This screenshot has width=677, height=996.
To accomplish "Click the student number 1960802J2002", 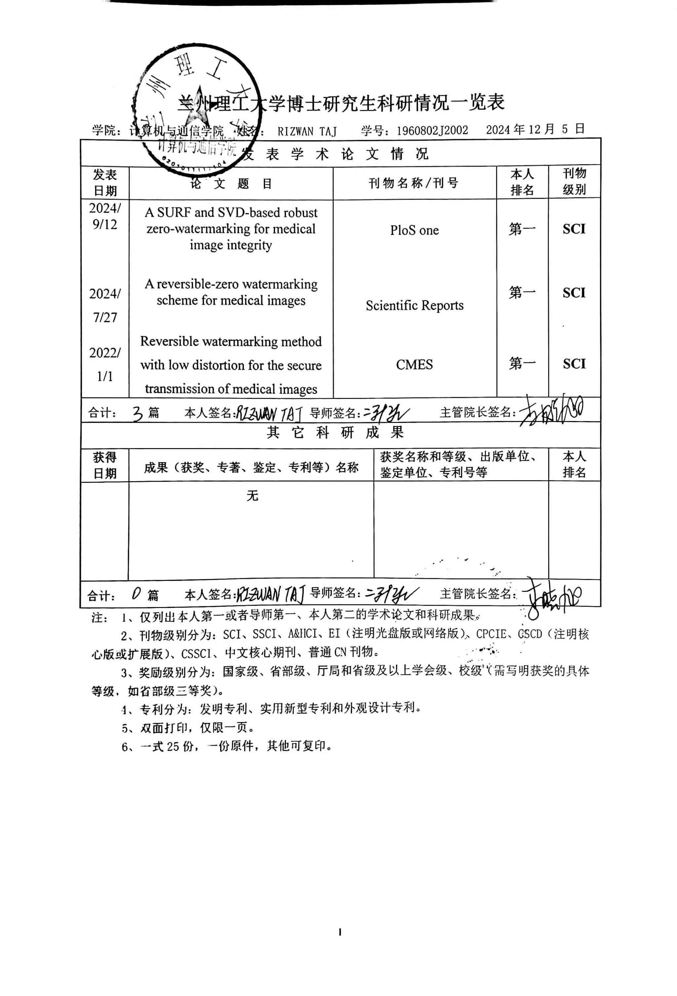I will (x=432, y=130).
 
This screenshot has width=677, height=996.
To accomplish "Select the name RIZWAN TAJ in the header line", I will (x=307, y=131).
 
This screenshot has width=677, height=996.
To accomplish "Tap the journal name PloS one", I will (x=414, y=230).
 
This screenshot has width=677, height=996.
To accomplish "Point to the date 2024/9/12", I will (x=104, y=216).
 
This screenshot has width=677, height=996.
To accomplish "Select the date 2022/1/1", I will (x=104, y=364).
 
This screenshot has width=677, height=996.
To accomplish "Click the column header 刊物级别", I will (x=574, y=181).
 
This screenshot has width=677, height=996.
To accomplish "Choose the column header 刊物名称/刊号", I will (x=414, y=183).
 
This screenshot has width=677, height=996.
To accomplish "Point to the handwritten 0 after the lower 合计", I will (x=136, y=594).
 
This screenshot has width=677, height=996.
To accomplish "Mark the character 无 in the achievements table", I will (x=252, y=496).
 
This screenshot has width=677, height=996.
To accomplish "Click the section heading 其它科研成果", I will (x=335, y=433).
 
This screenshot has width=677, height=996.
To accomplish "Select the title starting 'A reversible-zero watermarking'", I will (x=231, y=292).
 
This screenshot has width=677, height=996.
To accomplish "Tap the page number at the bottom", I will (x=339, y=932).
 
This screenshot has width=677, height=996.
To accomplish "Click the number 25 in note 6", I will (x=173, y=746).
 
